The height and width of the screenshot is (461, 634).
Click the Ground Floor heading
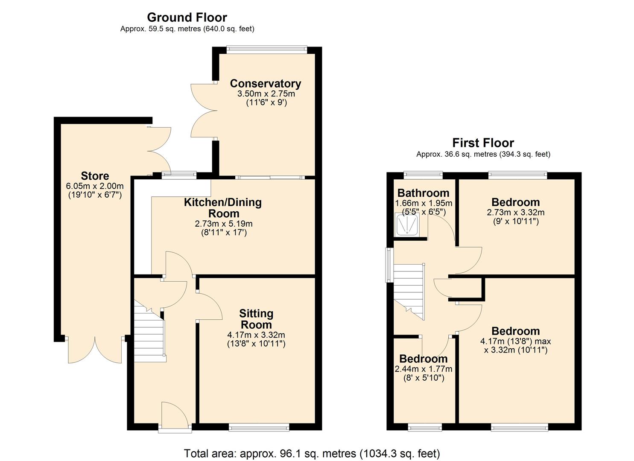(x=187, y=18)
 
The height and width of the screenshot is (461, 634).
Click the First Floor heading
(x=483, y=143)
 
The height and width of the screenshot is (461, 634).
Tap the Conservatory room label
(x=265, y=83)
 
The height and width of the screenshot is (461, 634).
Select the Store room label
(x=95, y=176)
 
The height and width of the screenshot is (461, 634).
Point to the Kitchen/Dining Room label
(x=223, y=208)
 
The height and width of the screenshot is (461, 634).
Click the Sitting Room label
(x=256, y=319)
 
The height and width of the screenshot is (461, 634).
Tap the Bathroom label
(x=423, y=193)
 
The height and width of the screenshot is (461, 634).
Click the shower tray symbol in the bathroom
(x=407, y=225)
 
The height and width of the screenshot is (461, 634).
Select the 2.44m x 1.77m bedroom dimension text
(x=424, y=369)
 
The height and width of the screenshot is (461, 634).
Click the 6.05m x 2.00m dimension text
(x=95, y=186)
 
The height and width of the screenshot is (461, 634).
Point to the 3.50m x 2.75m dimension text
(x=266, y=93)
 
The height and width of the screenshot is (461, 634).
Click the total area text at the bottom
(x=312, y=453)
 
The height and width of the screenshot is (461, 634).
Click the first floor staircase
(x=409, y=290)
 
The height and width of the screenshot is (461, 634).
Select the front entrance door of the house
(x=175, y=416)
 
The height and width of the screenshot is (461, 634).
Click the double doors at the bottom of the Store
(x=95, y=350)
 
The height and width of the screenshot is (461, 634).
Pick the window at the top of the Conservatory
(x=266, y=49)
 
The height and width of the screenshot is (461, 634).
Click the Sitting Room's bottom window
(x=259, y=427)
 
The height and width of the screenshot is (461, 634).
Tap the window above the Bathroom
(x=423, y=174)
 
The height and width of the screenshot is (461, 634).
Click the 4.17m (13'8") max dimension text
(x=515, y=341)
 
